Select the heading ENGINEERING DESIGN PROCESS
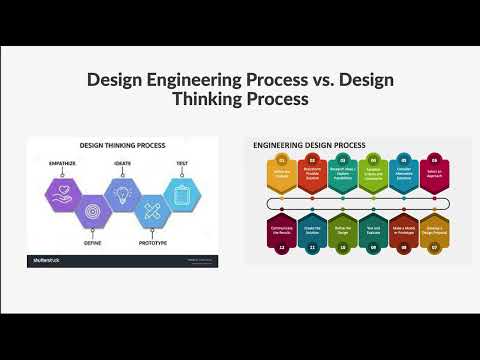click(x=309, y=145)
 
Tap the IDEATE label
click(x=123, y=162)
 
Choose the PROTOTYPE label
click(x=152, y=242)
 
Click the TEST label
click(x=182, y=162)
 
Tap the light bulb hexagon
click(x=124, y=194)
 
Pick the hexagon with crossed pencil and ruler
click(x=153, y=212)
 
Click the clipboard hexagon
click(x=182, y=194)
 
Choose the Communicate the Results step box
click(x=283, y=229)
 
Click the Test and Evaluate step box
click(x=374, y=229)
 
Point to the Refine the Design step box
click(x=343, y=229)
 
